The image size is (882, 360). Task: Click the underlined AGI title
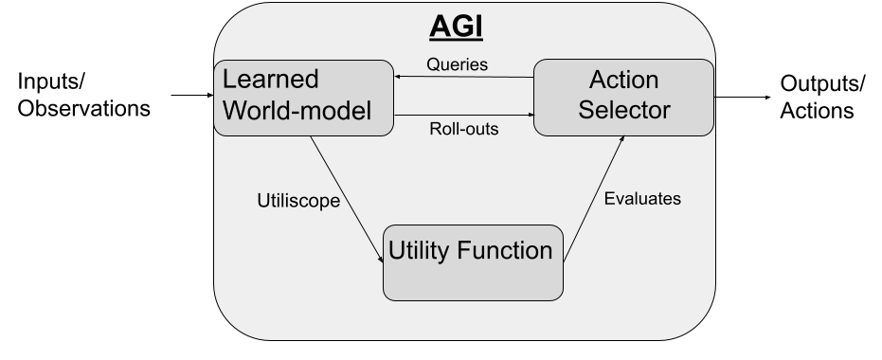(x=457, y=27)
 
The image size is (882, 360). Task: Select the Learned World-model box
(x=304, y=98)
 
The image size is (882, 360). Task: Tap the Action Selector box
(x=623, y=98)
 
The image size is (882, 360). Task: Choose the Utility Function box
(x=473, y=262)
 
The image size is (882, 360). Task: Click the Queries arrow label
(x=458, y=64)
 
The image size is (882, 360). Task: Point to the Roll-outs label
(x=464, y=129)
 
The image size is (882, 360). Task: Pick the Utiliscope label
(x=298, y=201)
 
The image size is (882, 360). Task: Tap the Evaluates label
(x=642, y=199)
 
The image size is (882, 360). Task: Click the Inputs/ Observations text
(x=83, y=95)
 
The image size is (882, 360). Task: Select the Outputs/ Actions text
(x=822, y=97)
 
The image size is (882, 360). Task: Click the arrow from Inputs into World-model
(x=192, y=95)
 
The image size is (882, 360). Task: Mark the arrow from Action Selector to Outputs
(x=743, y=98)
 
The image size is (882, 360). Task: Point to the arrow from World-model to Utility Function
(x=347, y=199)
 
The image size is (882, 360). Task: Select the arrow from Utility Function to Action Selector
(x=593, y=199)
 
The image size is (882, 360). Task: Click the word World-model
(x=297, y=110)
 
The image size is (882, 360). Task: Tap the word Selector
(x=623, y=110)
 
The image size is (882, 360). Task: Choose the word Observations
(x=83, y=108)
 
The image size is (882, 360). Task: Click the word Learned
(x=271, y=80)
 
